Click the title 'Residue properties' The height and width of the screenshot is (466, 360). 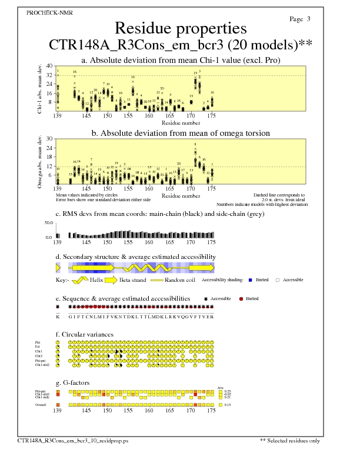(180, 28)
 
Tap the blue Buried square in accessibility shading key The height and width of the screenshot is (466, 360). (250, 280)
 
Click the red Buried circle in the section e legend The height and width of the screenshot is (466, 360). (240, 299)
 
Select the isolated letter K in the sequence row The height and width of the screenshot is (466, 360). (58, 316)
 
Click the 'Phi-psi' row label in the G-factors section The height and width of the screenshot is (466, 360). (42, 391)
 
